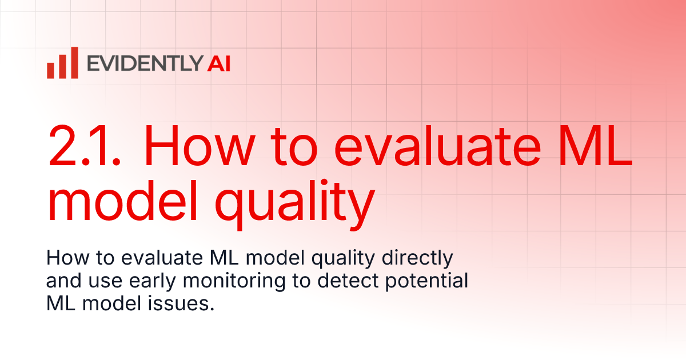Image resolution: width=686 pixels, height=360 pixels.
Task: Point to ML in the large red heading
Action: click(x=598, y=147)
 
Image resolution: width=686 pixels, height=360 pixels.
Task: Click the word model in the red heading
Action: click(x=134, y=201)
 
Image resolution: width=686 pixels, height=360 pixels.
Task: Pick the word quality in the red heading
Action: click(x=303, y=205)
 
